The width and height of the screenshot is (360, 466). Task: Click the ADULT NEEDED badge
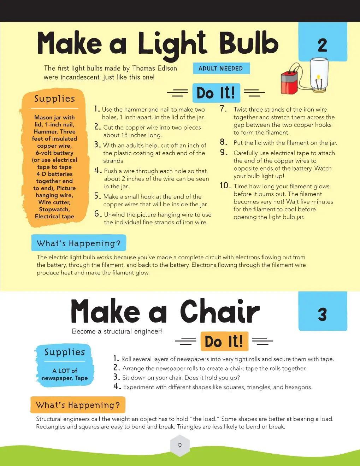click(221, 69)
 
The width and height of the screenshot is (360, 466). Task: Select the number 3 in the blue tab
click(323, 314)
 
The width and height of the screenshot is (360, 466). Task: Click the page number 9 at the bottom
click(180, 446)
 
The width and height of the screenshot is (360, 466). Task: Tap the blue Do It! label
click(216, 93)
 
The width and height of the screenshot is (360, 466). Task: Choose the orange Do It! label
click(224, 341)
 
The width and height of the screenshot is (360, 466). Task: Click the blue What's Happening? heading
click(79, 243)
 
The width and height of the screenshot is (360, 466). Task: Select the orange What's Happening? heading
click(78, 405)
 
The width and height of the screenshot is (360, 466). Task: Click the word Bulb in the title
click(249, 43)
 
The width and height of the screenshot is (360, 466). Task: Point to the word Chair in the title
click(219, 311)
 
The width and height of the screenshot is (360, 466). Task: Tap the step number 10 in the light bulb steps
click(225, 185)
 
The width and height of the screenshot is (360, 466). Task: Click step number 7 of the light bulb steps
click(223, 108)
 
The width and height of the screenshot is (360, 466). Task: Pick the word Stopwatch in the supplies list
click(54, 209)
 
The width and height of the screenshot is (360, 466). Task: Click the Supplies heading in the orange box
click(54, 99)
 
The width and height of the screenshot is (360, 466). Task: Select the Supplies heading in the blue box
click(65, 352)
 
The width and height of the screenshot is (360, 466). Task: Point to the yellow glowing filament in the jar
click(318, 77)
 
